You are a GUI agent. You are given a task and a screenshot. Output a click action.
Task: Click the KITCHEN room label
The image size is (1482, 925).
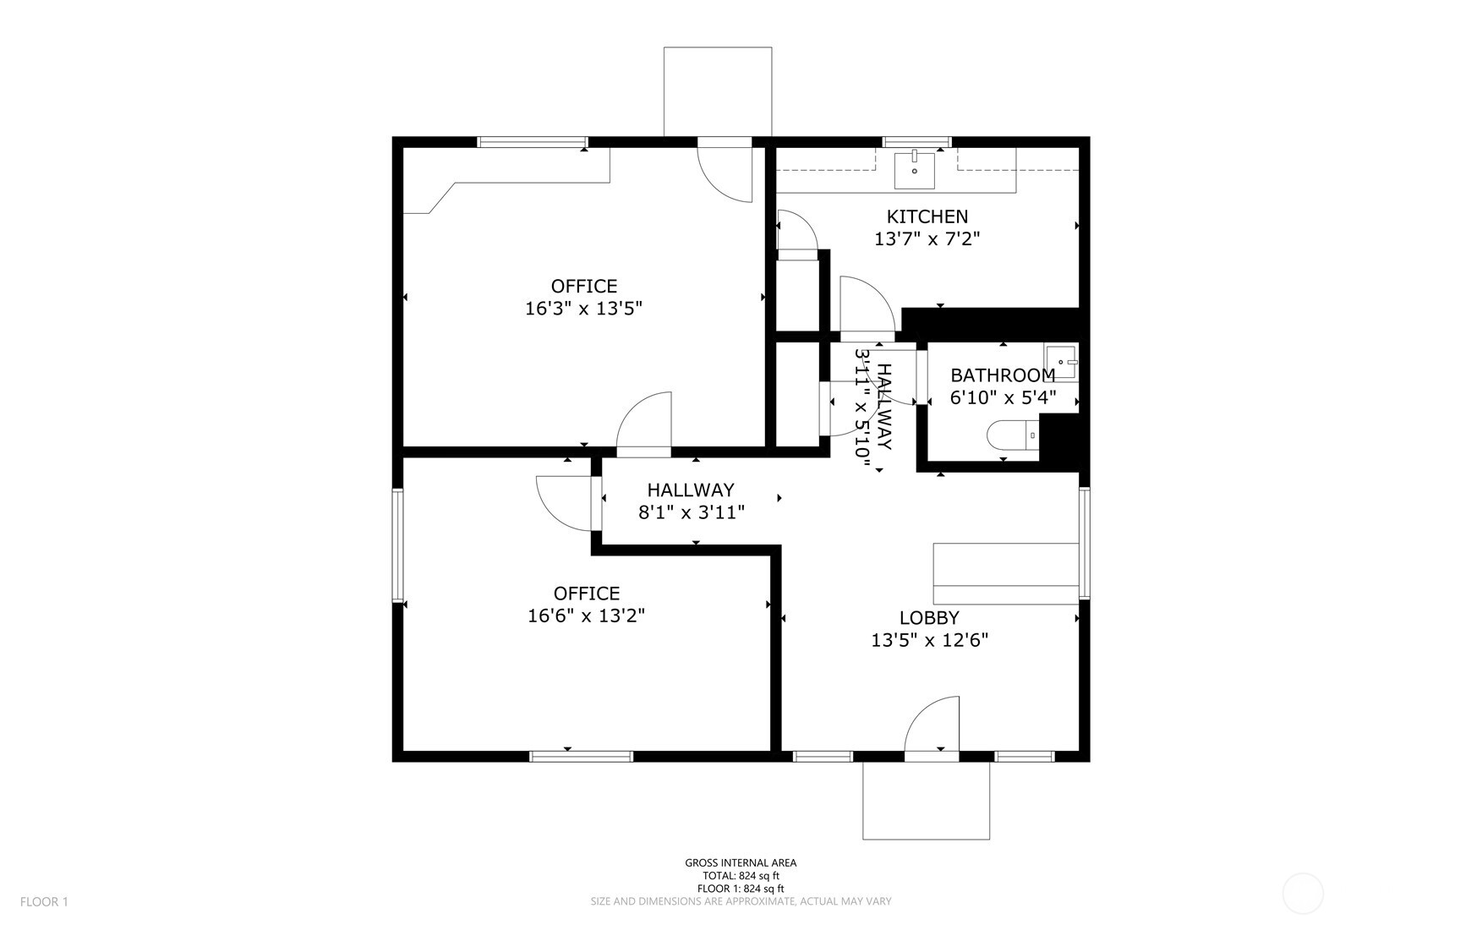click(927, 216)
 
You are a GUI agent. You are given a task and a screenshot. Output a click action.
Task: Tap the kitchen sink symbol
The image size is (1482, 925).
click(914, 170)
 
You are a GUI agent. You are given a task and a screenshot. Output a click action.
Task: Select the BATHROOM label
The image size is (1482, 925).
click(1003, 375)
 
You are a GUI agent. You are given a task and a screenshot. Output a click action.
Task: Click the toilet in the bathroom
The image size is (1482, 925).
click(1011, 435)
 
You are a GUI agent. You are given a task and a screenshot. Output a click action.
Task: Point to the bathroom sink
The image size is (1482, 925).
click(1061, 362)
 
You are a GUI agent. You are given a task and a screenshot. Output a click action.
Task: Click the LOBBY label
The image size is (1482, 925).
click(928, 618)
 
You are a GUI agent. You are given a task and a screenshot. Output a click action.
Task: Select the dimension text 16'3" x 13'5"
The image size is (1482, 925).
click(583, 309)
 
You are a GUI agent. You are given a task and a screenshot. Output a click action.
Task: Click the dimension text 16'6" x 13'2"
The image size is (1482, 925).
click(586, 616)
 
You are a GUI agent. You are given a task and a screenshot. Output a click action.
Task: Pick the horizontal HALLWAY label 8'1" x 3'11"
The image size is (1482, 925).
click(691, 501)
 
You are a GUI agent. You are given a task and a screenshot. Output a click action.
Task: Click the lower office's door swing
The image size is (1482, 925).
click(565, 502)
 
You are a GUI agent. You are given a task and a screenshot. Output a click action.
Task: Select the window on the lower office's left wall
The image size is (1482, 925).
click(396, 545)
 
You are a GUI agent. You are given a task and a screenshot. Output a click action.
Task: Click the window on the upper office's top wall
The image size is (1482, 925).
click(532, 142)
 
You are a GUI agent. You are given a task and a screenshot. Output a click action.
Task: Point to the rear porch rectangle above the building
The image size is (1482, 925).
click(717, 91)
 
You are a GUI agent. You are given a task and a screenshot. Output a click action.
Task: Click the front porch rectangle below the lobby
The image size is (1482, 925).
click(925, 800)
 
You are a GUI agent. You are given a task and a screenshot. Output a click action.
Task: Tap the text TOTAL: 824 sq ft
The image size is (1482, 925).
click(740, 876)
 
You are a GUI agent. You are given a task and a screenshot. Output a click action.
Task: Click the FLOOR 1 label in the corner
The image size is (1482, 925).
click(44, 901)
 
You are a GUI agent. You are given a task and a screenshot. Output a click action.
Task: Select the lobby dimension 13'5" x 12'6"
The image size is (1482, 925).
click(929, 641)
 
